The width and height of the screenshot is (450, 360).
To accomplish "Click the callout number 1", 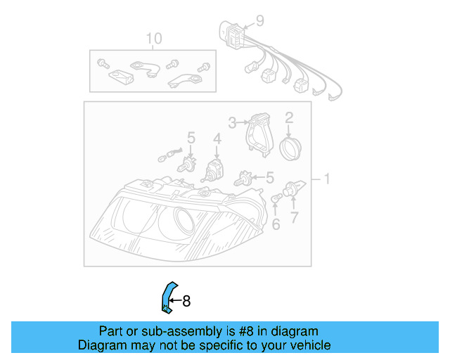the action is (325, 180).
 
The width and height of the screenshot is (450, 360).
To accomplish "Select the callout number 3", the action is (232, 122).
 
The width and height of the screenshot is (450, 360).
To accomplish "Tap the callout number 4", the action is (217, 139).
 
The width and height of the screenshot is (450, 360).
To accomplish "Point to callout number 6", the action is (276, 224).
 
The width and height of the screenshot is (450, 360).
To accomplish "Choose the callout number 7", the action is (295, 217).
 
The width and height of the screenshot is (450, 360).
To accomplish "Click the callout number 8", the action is (186, 301).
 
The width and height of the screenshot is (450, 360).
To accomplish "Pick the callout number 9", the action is (259, 21).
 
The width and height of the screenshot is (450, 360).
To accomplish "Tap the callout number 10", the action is (153, 38).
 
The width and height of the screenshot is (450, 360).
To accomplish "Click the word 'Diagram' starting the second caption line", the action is (101, 345).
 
